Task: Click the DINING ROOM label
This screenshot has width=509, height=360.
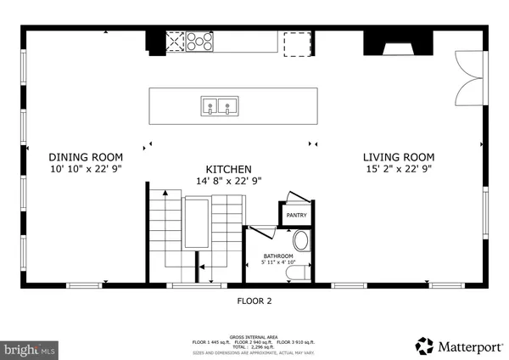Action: pos(85,157)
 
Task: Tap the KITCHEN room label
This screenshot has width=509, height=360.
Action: pos(228,169)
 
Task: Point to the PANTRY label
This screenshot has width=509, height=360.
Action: pos(296,216)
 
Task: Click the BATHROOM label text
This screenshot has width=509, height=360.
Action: pos(277,256)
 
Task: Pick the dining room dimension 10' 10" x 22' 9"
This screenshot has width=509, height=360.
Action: pos(85,169)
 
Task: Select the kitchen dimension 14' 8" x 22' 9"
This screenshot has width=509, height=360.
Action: pos(228,181)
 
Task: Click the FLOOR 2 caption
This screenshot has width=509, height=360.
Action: pos(254,300)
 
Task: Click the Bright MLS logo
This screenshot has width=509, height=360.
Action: pos(30,348)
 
